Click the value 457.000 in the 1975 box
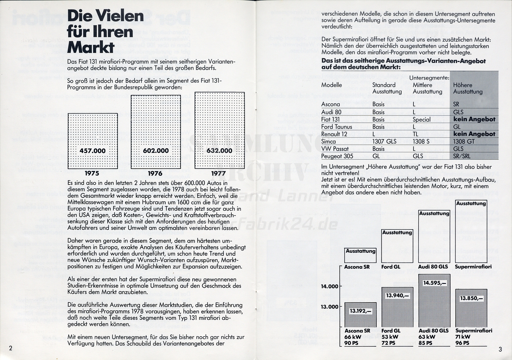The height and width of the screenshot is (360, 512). pyautogui.click(x=93, y=151)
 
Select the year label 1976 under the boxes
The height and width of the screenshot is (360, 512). pyautogui.click(x=155, y=174)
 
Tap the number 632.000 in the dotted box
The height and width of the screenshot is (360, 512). pyautogui.click(x=219, y=151)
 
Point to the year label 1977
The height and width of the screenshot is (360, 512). pyautogui.click(x=218, y=174)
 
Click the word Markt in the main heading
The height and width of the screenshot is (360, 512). pyautogui.click(x=91, y=48)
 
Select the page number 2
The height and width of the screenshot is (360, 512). pyautogui.click(x=11, y=348)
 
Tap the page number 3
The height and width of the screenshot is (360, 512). pyautogui.click(x=500, y=349)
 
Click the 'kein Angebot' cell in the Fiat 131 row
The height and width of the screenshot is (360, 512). pyautogui.click(x=474, y=119)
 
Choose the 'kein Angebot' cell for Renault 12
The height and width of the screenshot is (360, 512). pyautogui.click(x=474, y=134)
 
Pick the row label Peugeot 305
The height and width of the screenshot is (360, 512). pyautogui.click(x=337, y=156)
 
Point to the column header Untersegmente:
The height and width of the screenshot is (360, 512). pyautogui.click(x=429, y=78)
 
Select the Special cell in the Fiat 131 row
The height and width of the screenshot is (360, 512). pyautogui.click(x=422, y=119)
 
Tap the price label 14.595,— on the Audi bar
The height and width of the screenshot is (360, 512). pyautogui.click(x=435, y=283)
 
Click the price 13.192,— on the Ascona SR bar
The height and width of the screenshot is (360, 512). pyautogui.click(x=361, y=311)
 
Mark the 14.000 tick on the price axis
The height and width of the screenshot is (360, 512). pyautogui.click(x=330, y=286)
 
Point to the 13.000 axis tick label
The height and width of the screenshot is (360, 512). pyautogui.click(x=330, y=307)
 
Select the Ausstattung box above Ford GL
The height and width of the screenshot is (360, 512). pyautogui.click(x=397, y=246)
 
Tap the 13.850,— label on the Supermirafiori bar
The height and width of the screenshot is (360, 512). pyautogui.click(x=471, y=298)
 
